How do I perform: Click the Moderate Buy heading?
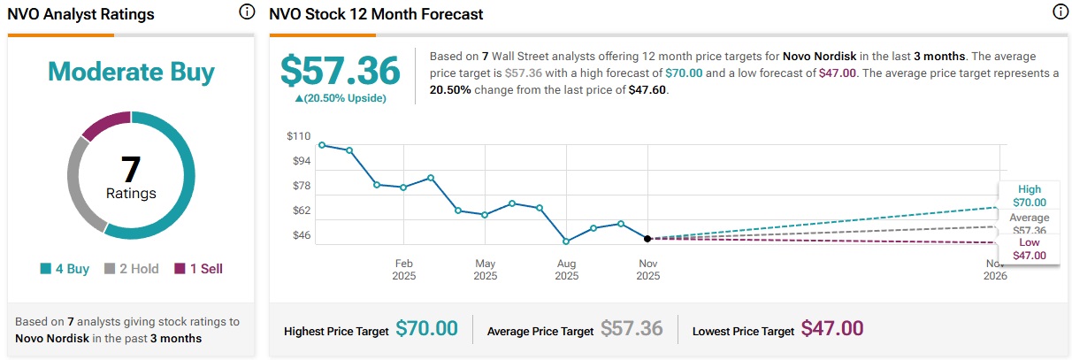(x=131, y=72)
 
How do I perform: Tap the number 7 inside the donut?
(x=131, y=168)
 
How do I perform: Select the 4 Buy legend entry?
(x=65, y=269)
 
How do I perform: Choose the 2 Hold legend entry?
(x=132, y=269)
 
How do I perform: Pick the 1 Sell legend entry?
(x=198, y=269)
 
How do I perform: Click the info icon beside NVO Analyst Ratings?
(x=247, y=12)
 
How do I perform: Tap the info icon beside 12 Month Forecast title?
(x=1060, y=12)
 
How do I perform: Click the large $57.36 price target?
(x=341, y=71)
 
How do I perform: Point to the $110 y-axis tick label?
(x=299, y=136)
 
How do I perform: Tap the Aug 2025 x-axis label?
(x=567, y=270)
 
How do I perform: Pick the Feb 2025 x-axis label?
(x=404, y=270)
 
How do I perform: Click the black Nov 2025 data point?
(x=648, y=239)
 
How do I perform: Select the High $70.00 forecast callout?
(x=1029, y=195)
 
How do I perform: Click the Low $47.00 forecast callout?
(x=1029, y=249)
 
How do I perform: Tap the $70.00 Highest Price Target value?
(x=426, y=329)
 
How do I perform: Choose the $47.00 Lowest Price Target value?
(x=832, y=329)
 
